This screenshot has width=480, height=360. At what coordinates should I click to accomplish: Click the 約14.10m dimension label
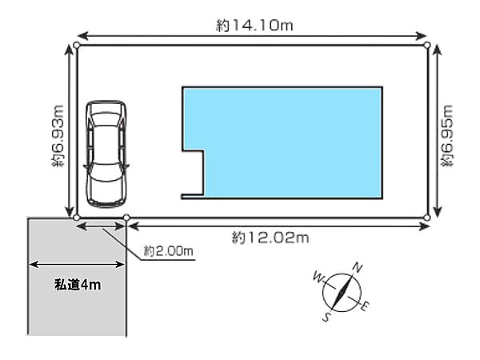pos(254,25)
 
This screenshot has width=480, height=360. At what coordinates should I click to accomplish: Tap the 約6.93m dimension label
pos(58,136)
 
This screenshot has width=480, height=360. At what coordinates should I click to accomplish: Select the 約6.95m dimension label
pos(446,136)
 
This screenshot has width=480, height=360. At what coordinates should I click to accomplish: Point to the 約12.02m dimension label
pos(270,238)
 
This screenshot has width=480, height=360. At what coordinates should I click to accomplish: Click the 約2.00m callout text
pos(168,251)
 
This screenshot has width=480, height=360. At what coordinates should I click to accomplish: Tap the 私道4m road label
pos(78,285)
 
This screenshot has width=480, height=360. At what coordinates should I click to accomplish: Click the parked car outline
pos(106,154)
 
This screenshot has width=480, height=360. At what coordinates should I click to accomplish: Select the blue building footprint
pos(282,142)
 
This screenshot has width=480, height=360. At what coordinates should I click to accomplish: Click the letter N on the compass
pos(358,267)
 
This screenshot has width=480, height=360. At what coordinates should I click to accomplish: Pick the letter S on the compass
pos(327,317)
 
